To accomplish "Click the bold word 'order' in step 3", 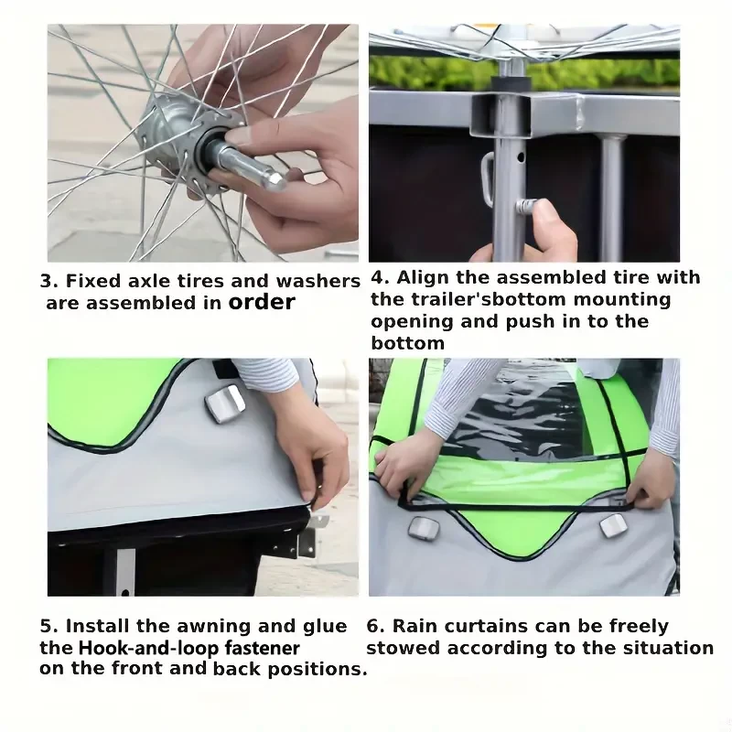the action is tap(262, 302).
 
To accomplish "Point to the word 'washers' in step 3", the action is tap(318, 281).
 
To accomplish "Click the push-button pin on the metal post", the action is tap(526, 205).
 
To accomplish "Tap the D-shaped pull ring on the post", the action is tap(488, 179).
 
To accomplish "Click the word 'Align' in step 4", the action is tap(423, 278).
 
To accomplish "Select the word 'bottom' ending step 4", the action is tap(407, 343).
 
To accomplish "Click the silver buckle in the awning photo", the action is tap(225, 403).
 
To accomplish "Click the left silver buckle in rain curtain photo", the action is tap(424, 528).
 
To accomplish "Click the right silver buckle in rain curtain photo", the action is tap(613, 525).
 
